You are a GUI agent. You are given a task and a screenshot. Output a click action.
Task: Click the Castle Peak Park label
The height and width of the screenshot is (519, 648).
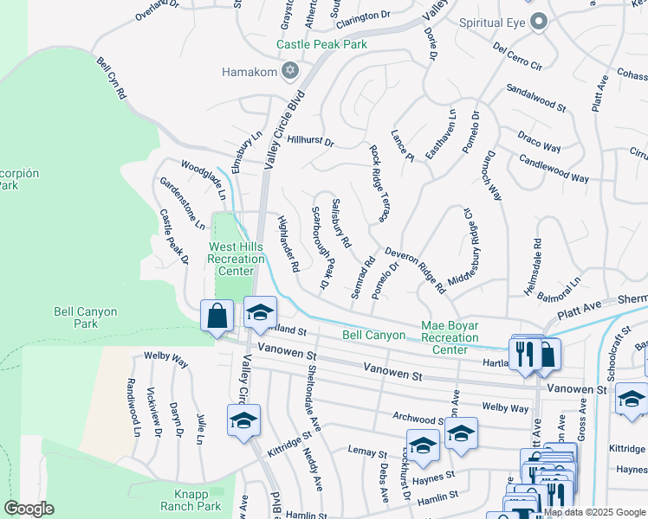point(321,44)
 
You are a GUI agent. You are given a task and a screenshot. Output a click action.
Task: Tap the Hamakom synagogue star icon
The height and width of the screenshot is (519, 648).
point(291,71)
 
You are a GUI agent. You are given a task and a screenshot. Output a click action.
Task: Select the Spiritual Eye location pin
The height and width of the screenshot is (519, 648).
point(539,22)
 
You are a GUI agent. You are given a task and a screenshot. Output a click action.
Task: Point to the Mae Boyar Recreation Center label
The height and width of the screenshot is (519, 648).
point(450,337)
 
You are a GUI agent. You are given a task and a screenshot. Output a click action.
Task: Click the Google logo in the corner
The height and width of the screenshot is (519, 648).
point(29,509)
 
